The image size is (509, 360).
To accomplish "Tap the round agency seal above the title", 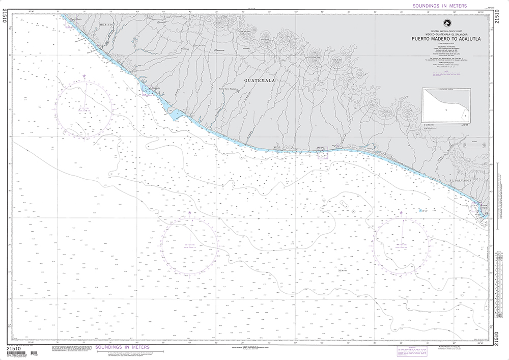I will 446,22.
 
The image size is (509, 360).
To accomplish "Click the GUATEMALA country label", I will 260,80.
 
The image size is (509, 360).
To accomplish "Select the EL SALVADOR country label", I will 461,181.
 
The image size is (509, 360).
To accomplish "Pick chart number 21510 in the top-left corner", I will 6,22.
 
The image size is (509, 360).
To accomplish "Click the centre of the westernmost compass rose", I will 84,108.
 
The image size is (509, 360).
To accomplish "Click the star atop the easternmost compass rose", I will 402,212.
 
